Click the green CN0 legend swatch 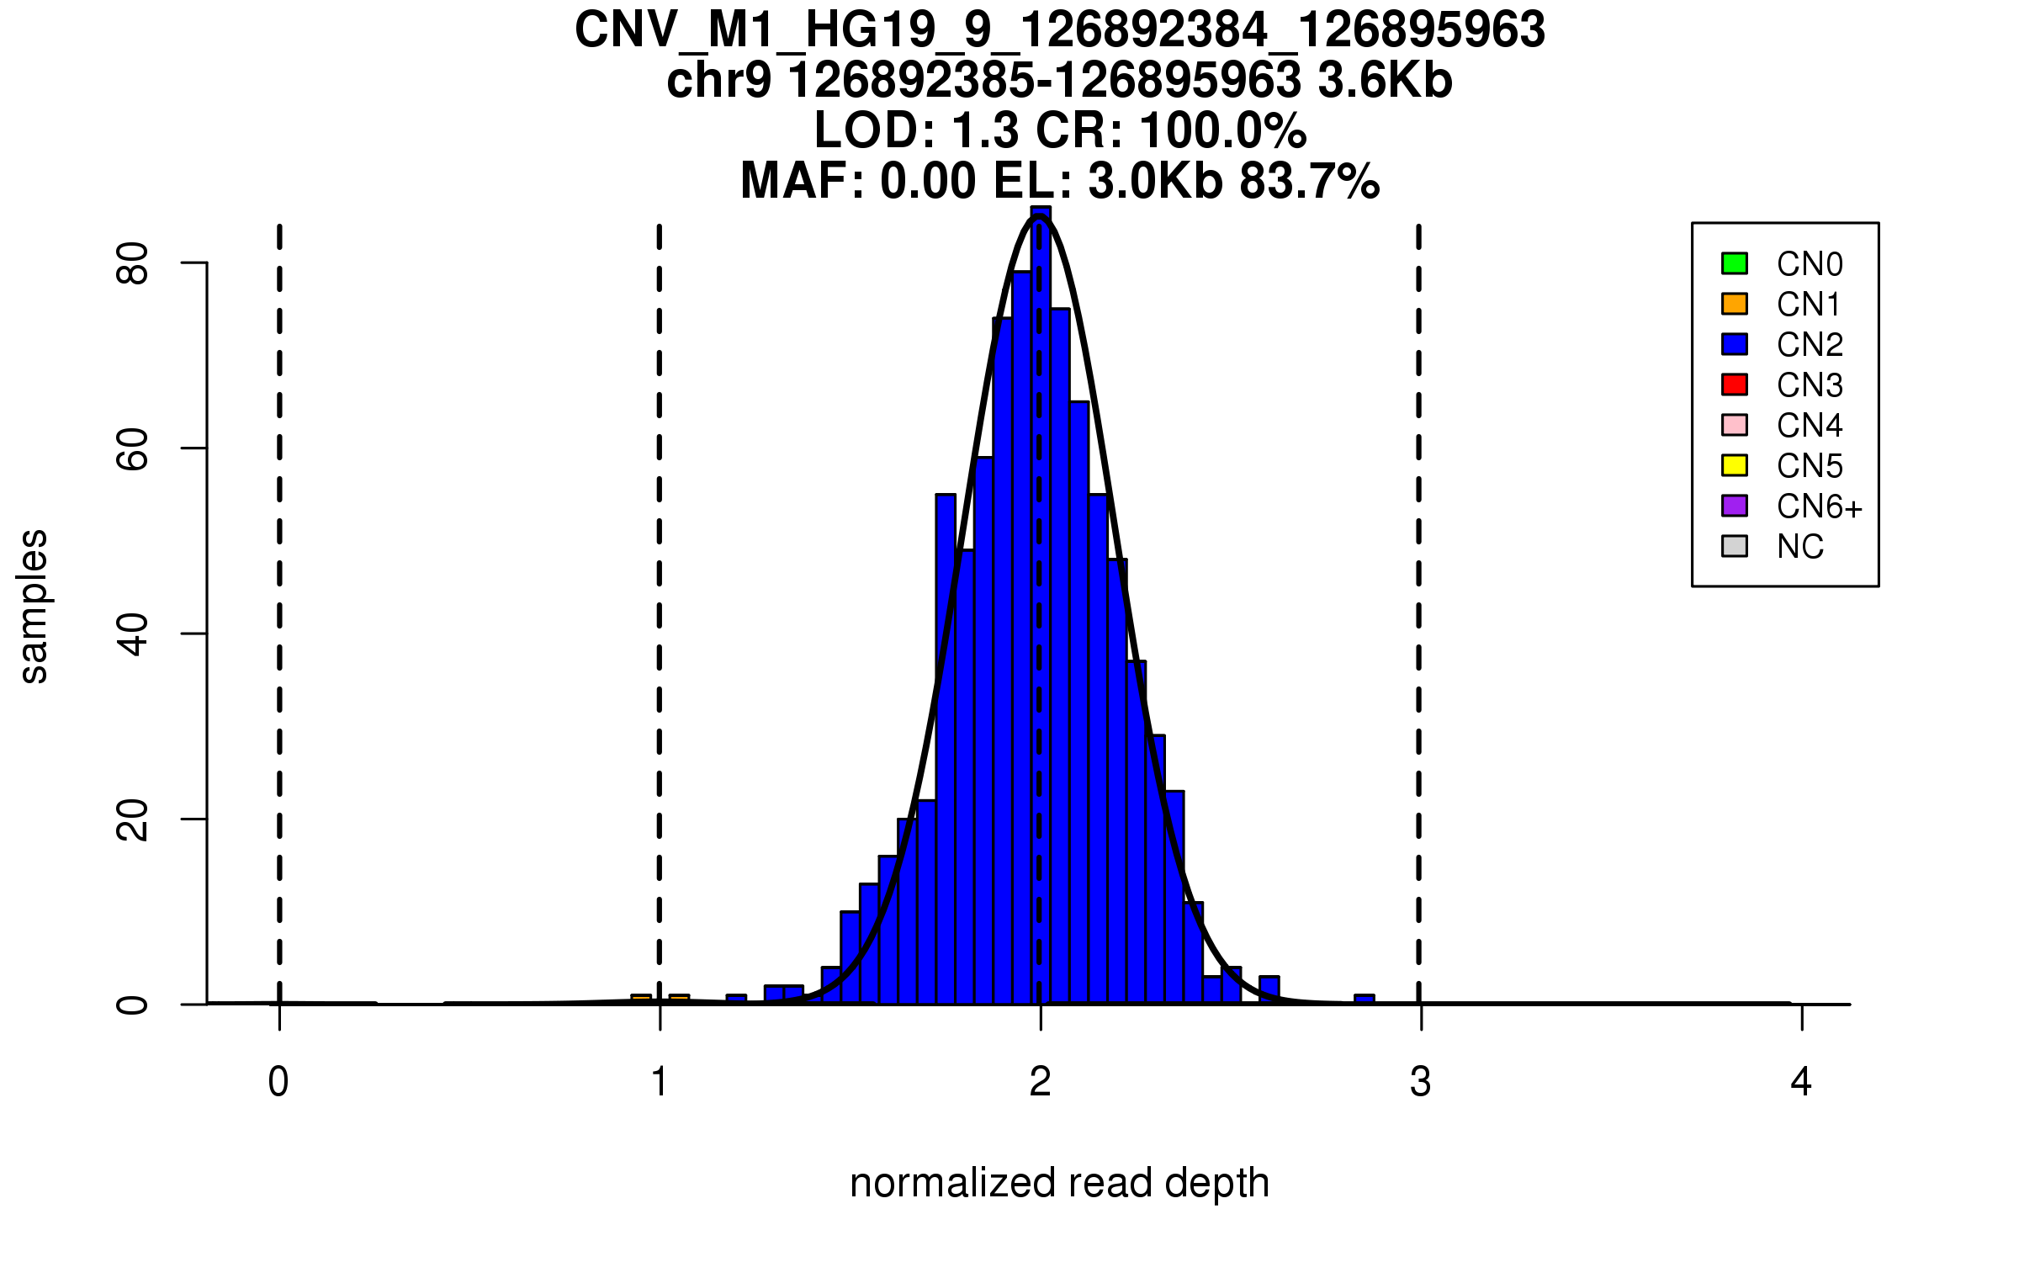point(1735,263)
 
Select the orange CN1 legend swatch point(1735,304)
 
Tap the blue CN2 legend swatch point(1735,344)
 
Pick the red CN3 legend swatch point(1735,384)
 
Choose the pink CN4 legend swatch point(1735,425)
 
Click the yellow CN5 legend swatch point(1735,465)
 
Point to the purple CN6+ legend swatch point(1735,506)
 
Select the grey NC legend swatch point(1735,546)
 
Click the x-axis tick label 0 point(278,1082)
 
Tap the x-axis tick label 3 point(1421,1082)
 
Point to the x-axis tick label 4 point(1801,1082)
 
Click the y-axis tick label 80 point(133,263)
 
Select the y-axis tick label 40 point(133,634)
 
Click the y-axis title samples point(34,606)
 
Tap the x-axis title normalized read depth point(1059,1184)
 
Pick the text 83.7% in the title point(1310,182)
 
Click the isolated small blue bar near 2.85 point(1365,999)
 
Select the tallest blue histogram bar point(1041,606)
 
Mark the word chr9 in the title point(718,82)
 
